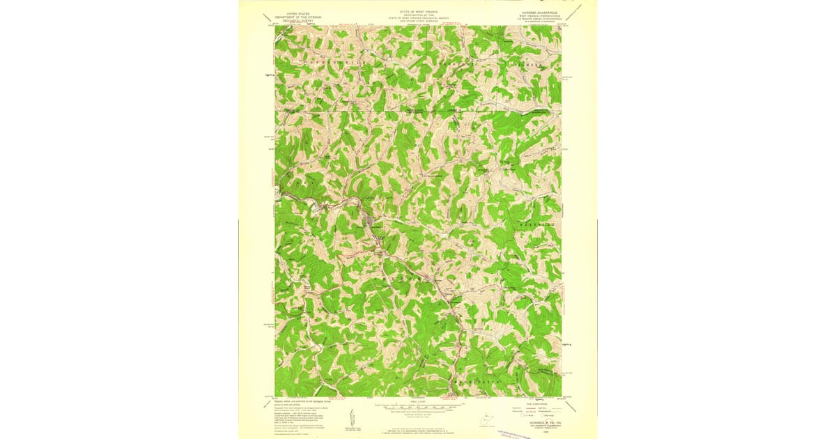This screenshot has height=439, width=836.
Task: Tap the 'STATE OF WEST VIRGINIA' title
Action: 418,12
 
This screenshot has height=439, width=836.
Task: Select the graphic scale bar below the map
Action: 418,404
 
